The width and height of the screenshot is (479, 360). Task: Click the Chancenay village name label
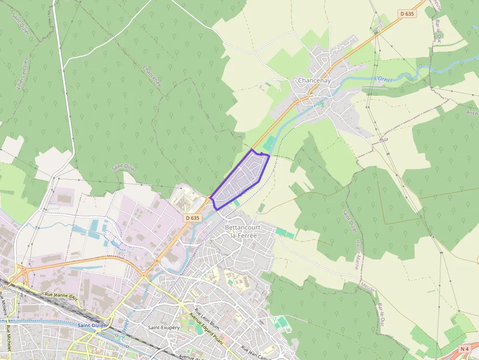pos(314,81)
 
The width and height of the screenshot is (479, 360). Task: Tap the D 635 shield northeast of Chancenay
pos(407,14)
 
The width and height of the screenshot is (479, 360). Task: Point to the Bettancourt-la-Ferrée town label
pos(244,232)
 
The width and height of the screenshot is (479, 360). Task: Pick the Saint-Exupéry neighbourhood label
pos(164,327)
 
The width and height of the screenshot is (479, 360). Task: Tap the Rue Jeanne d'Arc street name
pos(61,296)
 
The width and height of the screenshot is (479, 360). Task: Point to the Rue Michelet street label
pos(8,342)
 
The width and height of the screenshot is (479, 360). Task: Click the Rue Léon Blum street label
pos(207,318)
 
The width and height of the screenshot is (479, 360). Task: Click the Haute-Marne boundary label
pos(357,254)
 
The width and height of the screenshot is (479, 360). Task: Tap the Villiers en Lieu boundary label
pos(22,74)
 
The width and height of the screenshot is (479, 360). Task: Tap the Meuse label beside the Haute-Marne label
pos(367,286)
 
